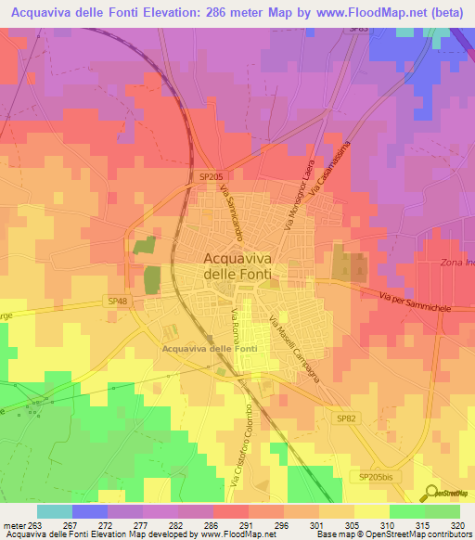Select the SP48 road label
coord(116,302)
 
